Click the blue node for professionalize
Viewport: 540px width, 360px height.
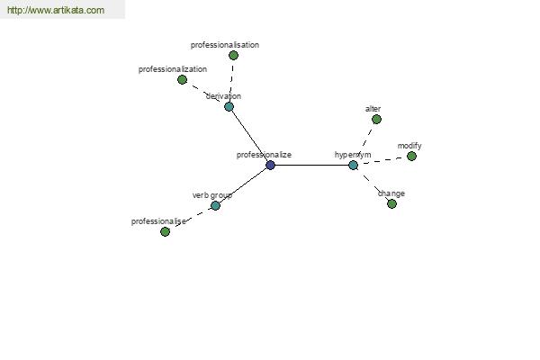tap(270, 166)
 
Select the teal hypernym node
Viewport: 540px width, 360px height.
tap(354, 166)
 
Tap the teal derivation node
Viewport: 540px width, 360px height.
tap(229, 107)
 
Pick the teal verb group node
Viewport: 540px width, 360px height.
tap(215, 206)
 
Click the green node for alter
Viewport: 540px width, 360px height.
tap(377, 120)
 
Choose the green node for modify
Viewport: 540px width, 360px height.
tap(411, 157)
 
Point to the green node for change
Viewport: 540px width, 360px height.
tap(391, 204)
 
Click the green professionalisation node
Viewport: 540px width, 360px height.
tap(233, 56)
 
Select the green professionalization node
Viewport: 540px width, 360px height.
tap(182, 80)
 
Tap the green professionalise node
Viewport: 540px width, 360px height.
tap(166, 232)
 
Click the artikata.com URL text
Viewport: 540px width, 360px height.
tap(56, 10)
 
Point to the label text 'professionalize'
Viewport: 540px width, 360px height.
tap(264, 155)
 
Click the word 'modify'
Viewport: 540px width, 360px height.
tap(409, 146)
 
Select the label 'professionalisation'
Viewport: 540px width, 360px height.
tap(225, 45)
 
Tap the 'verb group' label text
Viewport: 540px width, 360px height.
tap(212, 195)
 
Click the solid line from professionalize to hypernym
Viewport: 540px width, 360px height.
tap(311, 166)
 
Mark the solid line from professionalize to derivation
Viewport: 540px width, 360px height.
tap(249, 136)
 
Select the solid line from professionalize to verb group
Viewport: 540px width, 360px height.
tap(243, 185)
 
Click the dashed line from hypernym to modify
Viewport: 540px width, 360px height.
tap(382, 160)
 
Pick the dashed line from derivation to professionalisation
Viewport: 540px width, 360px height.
tap(232, 81)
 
